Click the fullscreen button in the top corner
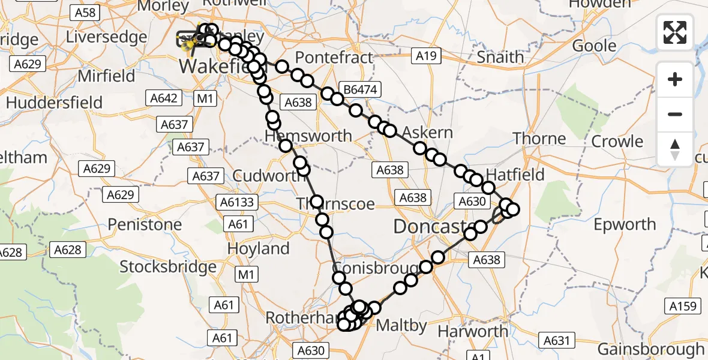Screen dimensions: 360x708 pos(675,32)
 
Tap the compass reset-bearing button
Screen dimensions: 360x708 pos(675,149)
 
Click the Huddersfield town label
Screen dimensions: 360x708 pos(55,102)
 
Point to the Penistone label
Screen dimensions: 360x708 pos(145,224)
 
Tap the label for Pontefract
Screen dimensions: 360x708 pos(335,58)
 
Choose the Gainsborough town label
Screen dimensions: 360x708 pos(651,349)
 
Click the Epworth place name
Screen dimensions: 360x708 pos(625,224)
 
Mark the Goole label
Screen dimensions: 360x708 pos(594,46)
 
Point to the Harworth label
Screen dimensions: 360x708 pos(473,331)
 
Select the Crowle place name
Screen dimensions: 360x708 pos(617,142)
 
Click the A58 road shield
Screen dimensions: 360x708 pos(84,12)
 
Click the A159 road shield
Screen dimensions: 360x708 pos(684,307)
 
